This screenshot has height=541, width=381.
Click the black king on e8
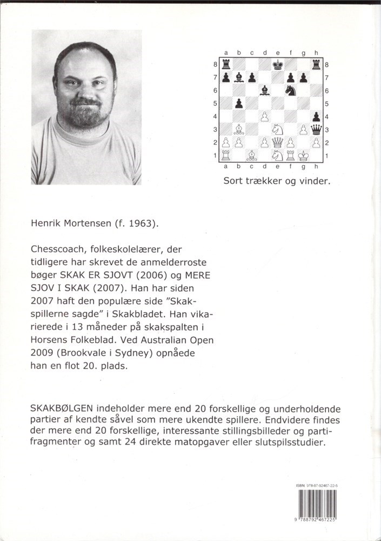pyautogui.click(x=278, y=65)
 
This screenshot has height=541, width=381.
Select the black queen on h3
pyautogui.click(x=316, y=129)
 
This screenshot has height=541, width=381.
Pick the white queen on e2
pyautogui.click(x=278, y=142)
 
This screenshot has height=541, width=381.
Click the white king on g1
pyautogui.click(x=304, y=155)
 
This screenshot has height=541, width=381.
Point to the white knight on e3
pyautogui.click(x=278, y=129)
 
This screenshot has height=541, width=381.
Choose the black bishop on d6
pyautogui.click(x=265, y=90)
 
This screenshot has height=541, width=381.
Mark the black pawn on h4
pyautogui.click(x=316, y=116)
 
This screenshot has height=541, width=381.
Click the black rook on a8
pyautogui.click(x=226, y=65)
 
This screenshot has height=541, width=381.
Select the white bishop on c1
pyautogui.click(x=252, y=155)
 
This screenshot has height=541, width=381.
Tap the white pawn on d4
pyautogui.click(x=265, y=116)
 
